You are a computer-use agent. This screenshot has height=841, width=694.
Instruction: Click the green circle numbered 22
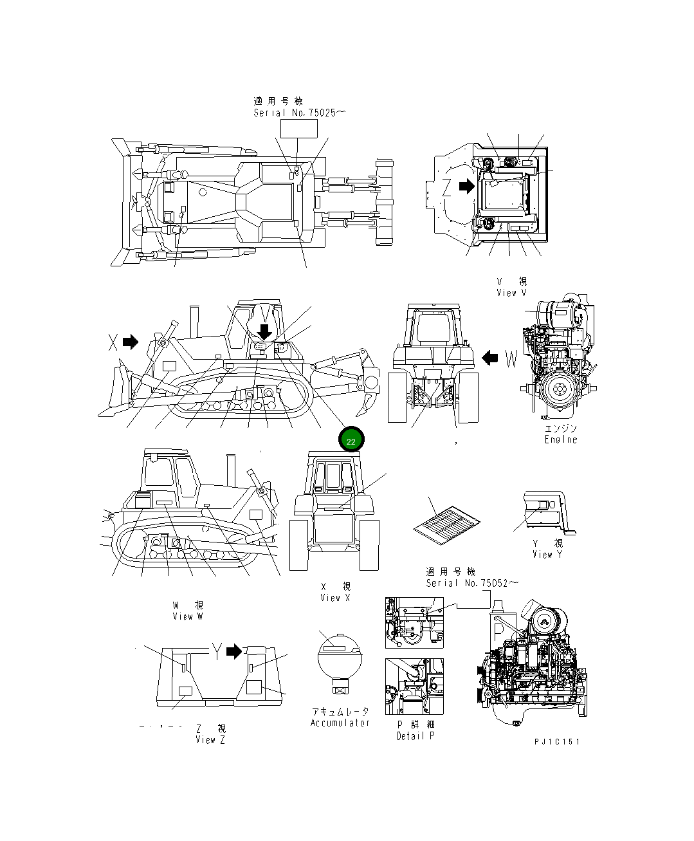(351, 441)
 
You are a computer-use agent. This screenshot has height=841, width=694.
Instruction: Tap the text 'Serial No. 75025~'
(299, 113)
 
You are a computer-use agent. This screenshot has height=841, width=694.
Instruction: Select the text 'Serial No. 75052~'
(471, 583)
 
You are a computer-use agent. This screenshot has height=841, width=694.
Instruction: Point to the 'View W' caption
(187, 616)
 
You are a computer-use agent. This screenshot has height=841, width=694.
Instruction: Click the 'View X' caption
(335, 598)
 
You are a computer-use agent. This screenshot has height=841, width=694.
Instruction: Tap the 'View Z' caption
(210, 740)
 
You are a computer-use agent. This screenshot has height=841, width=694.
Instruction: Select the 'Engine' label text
(561, 439)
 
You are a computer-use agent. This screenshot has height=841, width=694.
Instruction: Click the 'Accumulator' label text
(340, 723)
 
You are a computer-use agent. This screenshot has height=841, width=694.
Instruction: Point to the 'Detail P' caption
(415, 735)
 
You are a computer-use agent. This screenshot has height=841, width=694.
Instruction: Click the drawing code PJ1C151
(556, 742)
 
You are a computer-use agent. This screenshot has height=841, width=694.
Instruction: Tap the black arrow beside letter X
(131, 342)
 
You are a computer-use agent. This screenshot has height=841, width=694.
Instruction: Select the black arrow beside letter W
(490, 358)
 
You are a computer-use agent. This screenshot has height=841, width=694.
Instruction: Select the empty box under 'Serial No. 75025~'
(299, 129)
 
